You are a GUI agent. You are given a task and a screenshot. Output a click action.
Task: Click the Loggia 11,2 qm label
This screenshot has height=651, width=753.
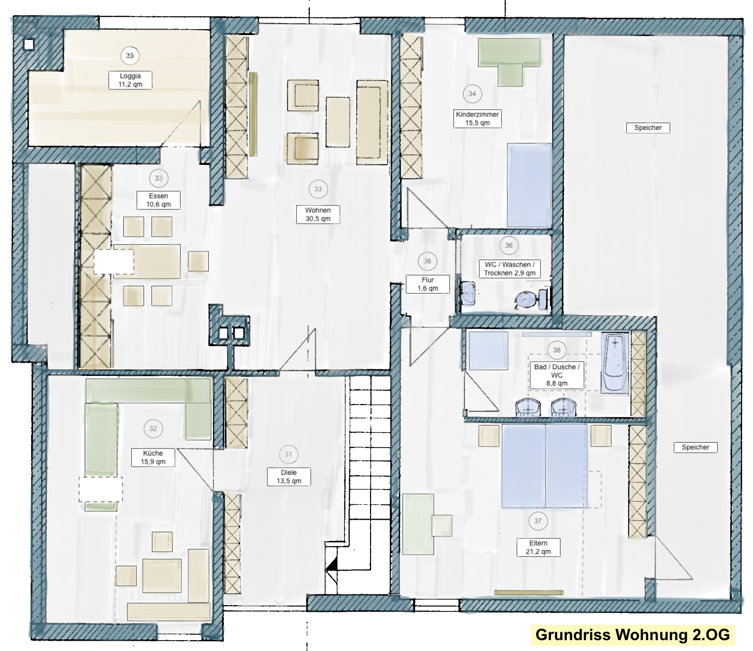coord(130,80)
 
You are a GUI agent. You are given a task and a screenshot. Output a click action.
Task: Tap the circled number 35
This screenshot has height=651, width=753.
coord(129,56)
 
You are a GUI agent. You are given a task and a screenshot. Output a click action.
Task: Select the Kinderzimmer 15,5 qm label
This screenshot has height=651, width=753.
coord(477,119)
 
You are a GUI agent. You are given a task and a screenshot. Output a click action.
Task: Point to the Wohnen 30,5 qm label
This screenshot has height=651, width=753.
coord(318,214)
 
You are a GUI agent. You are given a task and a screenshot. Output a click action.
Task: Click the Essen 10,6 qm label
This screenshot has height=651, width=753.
coord(159,200)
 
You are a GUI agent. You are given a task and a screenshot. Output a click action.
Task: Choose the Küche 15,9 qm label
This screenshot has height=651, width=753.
coord(153,458)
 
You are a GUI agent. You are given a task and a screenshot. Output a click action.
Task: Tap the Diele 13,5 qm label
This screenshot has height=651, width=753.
coord(289,477)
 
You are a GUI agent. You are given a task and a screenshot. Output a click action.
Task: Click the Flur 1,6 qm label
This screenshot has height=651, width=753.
coord(428,284)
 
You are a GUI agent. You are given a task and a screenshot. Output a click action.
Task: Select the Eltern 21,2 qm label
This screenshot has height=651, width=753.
coord(539,547)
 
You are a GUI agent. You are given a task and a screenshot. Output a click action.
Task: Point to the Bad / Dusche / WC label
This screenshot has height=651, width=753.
coord(557,375)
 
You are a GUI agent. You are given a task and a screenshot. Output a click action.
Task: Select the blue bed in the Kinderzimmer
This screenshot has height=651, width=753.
coord(529,186)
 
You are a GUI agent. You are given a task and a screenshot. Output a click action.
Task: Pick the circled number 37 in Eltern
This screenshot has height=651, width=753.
coord(538,521)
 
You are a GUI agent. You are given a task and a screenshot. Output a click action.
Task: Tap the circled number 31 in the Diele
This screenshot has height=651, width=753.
coord(289,454)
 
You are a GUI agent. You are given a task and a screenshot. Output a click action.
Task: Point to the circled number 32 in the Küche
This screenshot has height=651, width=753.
coord(153,429)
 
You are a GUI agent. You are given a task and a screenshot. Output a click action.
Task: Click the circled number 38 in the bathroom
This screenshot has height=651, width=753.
coord(557,350)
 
